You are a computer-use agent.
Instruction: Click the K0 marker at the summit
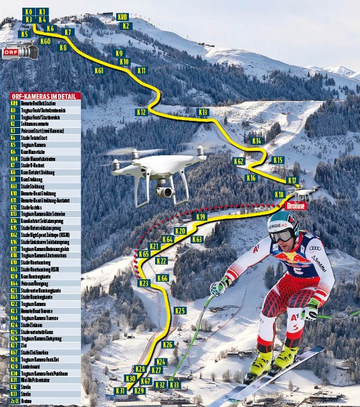[x=28, y=12]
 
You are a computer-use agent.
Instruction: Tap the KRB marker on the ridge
[x=123, y=17]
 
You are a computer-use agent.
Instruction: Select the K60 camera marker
[x=45, y=42]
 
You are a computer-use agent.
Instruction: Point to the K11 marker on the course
[x=142, y=70]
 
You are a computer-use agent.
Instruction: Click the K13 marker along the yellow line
[x=203, y=112]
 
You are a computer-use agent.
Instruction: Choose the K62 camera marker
[x=239, y=161]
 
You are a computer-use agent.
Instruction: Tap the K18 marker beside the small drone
[x=280, y=194]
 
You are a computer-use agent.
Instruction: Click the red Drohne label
[x=296, y=206]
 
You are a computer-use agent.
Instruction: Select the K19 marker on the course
[x=201, y=217]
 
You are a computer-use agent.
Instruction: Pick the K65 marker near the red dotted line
[x=144, y=254]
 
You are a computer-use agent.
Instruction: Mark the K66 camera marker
[x=162, y=278]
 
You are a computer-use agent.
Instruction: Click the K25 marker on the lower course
[x=180, y=311]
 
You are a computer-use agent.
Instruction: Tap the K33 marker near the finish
[x=174, y=385]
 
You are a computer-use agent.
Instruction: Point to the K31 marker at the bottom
[x=119, y=390]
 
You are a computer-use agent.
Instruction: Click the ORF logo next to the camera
[x=11, y=53]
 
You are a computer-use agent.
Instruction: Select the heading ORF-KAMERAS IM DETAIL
[x=45, y=96]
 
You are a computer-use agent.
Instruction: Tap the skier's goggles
[x=281, y=234]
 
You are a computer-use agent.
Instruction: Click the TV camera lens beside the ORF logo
[x=33, y=50]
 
